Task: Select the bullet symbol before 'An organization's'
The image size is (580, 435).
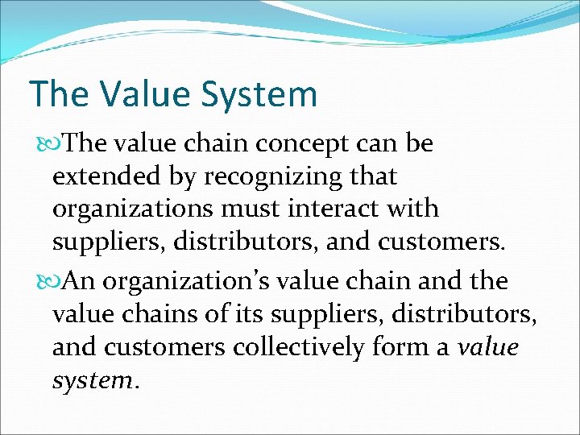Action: [46, 282]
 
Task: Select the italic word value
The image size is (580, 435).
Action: [488, 347]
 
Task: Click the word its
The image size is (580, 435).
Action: [234, 314]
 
